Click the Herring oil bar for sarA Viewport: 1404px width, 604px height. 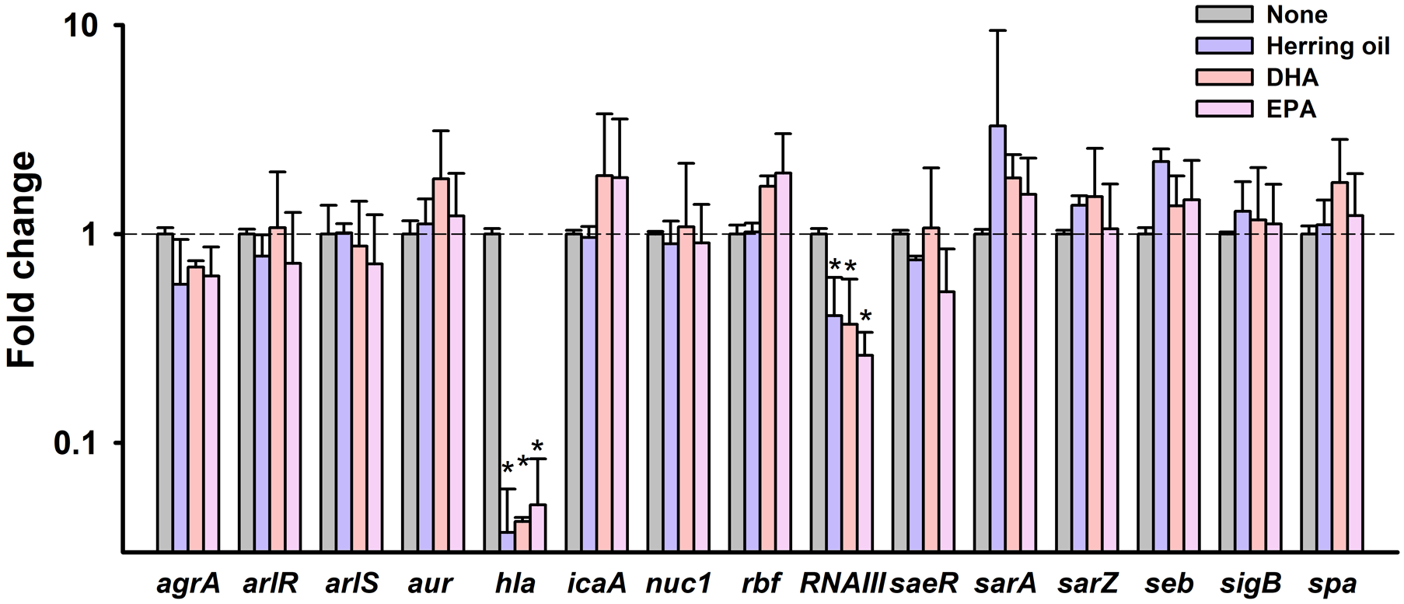point(997,339)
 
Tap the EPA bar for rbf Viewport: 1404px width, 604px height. point(783,362)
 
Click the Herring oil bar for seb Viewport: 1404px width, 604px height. point(1161,357)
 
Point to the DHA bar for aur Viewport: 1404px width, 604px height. point(441,365)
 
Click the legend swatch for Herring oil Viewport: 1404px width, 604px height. point(1225,46)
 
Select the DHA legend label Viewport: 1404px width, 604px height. point(1292,78)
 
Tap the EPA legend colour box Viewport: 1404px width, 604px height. point(1225,109)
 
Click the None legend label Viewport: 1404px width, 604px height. point(1296,14)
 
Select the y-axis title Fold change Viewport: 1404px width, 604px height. point(23,260)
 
